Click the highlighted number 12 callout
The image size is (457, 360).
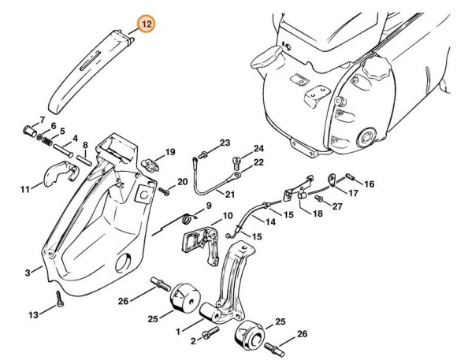pos(144,25)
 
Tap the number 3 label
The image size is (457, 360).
pos(28,273)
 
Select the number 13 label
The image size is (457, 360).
pos(33,315)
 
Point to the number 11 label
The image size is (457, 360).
pos(25,190)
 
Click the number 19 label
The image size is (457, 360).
pos(169,151)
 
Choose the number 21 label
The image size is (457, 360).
pos(230,195)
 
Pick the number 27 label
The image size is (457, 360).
pos(337,207)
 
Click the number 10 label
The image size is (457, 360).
pos(227,216)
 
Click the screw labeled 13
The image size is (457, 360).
pos(58,302)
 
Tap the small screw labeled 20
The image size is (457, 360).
pos(165,191)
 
